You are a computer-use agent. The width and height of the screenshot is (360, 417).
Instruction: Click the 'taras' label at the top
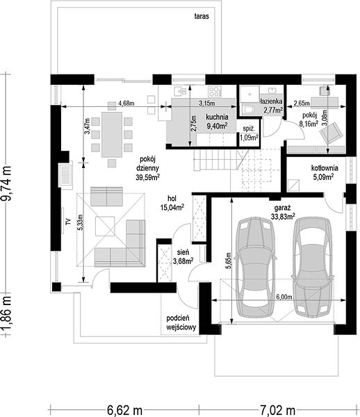point(202,16)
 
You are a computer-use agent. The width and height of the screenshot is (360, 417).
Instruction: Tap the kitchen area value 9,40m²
point(218,126)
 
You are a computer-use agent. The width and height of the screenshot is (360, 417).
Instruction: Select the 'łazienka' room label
point(271,101)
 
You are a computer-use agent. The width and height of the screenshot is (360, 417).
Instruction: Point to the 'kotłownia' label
point(325,168)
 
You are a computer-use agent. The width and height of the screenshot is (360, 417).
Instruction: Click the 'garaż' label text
point(282,208)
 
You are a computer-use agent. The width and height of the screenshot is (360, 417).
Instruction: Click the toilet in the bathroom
point(249,109)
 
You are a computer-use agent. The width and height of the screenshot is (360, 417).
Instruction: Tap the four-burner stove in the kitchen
point(215,91)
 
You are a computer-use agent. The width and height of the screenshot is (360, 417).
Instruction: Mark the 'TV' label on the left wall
point(68,221)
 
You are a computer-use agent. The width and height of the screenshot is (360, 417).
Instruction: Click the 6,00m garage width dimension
point(284,297)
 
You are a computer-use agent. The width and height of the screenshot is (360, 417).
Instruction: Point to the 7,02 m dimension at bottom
point(277,410)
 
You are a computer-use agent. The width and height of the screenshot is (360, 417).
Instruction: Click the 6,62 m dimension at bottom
point(124,410)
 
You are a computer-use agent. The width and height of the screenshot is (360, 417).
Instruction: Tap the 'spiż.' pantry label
point(249,129)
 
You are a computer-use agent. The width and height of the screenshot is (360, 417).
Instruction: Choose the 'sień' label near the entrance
point(183,252)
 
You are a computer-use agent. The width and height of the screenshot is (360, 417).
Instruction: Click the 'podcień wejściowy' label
point(181,322)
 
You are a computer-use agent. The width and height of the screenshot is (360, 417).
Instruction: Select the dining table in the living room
point(112,135)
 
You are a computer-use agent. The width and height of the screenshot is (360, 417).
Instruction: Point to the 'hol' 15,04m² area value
point(172,207)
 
